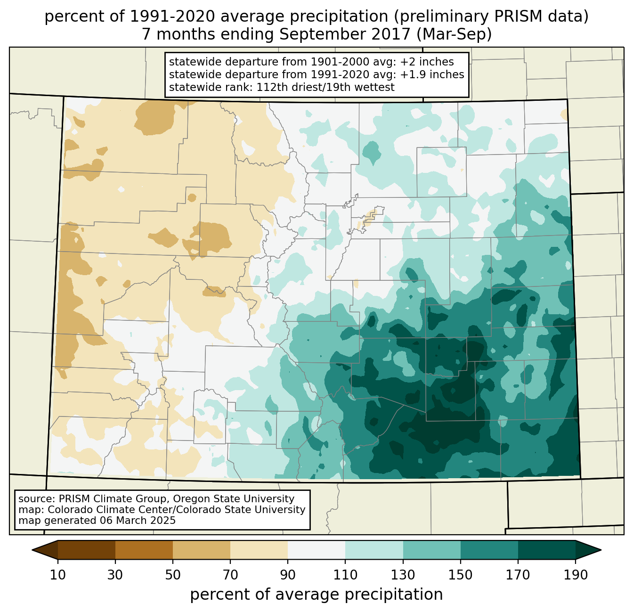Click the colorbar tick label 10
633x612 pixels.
point(58,575)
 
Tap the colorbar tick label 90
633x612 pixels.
point(288,575)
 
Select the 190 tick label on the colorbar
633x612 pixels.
point(576,575)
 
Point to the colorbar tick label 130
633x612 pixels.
point(403,575)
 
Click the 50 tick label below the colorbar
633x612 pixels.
point(173,575)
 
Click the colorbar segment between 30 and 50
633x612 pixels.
point(144,550)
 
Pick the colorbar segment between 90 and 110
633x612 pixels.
point(316,550)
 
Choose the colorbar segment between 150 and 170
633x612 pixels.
point(489,550)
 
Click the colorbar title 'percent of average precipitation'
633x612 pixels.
point(316,595)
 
